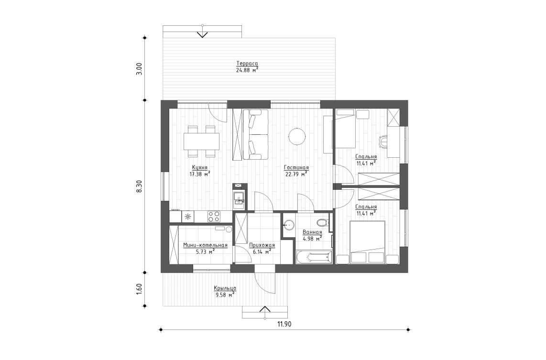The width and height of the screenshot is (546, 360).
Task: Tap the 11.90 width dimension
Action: coord(284,324)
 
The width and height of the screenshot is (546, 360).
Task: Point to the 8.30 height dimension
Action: coord(139,186)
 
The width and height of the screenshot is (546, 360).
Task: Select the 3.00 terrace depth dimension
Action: coord(139,68)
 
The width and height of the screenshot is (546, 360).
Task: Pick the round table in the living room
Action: coord(296,137)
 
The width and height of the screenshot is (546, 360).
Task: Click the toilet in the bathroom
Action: coord(323,222)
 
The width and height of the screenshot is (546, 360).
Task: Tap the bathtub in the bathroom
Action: coord(313,257)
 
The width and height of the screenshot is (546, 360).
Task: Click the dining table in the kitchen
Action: coord(201,141)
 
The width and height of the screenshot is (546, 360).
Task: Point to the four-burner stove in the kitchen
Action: coord(213,217)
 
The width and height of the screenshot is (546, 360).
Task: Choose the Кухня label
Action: coord(199,168)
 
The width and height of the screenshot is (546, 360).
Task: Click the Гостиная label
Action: coord(296,168)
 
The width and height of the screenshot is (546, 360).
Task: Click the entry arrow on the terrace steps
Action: coord(202,33)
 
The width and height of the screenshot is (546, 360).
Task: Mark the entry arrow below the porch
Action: coord(264,309)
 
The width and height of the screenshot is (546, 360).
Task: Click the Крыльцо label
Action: coord(224,289)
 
